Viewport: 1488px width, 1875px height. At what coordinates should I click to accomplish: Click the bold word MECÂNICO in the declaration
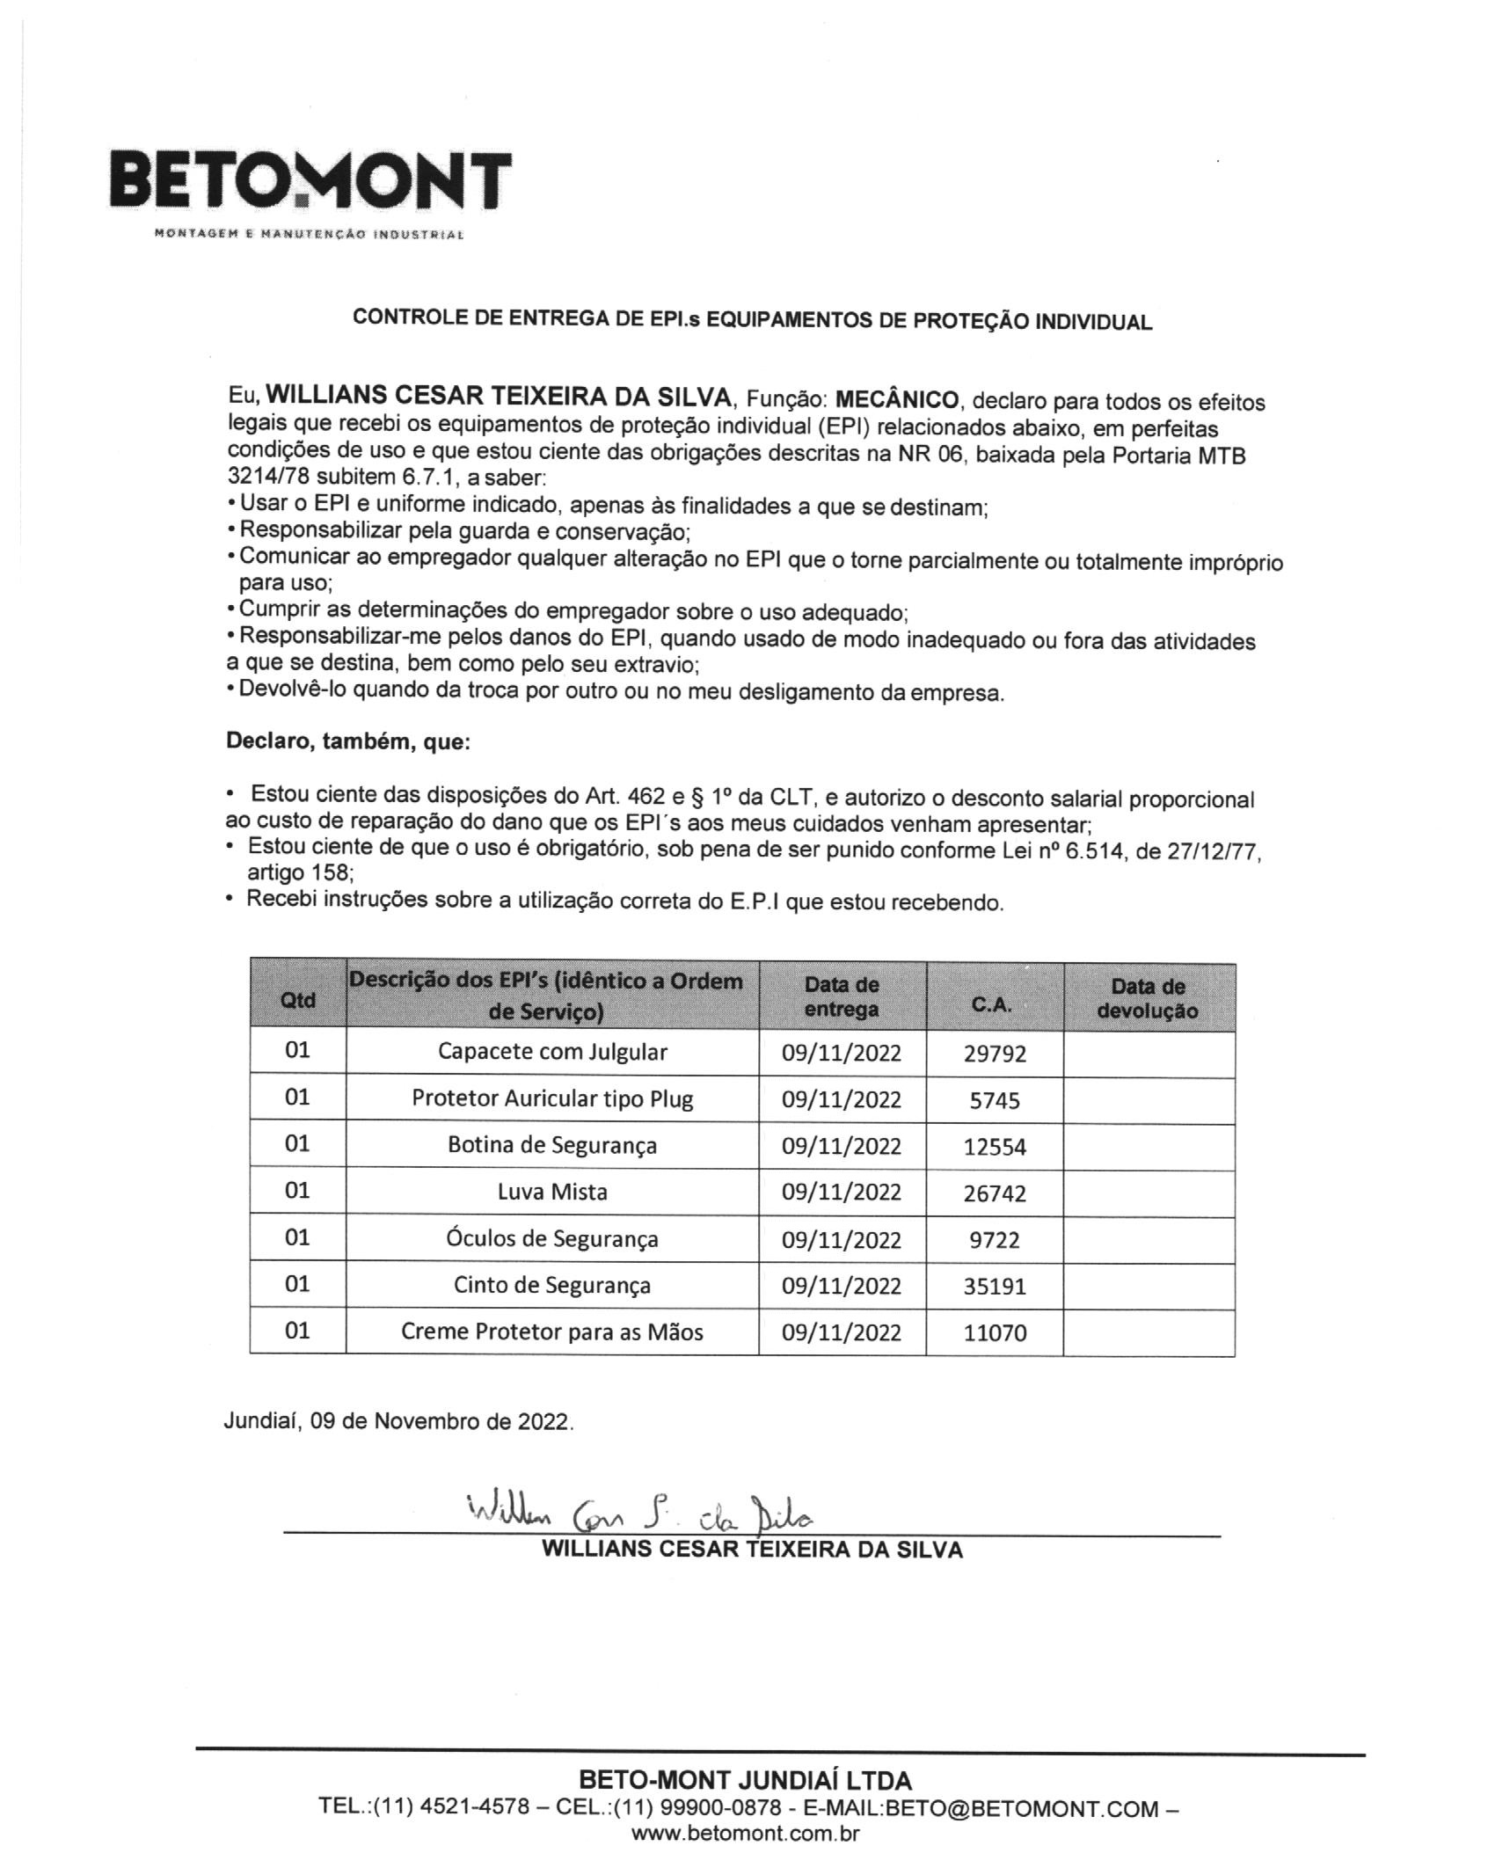(897, 399)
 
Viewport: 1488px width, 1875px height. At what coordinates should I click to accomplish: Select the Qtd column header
(297, 999)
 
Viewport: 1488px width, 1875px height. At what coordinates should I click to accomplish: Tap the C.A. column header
(993, 1004)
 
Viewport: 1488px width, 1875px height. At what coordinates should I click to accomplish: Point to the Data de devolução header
(1148, 998)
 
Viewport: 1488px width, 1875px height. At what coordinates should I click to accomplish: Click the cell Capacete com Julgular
(552, 1052)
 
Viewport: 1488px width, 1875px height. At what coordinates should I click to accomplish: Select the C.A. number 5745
(995, 1100)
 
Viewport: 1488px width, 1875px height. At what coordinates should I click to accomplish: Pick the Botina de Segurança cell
(552, 1145)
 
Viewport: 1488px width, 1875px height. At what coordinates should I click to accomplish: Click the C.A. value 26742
(995, 1193)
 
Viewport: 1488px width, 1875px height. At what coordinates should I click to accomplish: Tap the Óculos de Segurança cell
(552, 1238)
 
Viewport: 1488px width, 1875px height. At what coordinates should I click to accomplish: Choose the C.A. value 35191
(995, 1287)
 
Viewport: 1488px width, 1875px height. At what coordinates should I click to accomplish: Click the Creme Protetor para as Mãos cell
(552, 1331)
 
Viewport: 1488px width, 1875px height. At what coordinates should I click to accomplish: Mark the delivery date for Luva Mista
(842, 1193)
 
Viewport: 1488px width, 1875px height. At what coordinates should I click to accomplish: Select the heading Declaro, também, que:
(348, 741)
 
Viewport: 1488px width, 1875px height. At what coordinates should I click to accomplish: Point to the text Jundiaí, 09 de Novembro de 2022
(398, 1421)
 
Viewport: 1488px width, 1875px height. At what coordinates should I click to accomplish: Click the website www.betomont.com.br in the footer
(745, 1834)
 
